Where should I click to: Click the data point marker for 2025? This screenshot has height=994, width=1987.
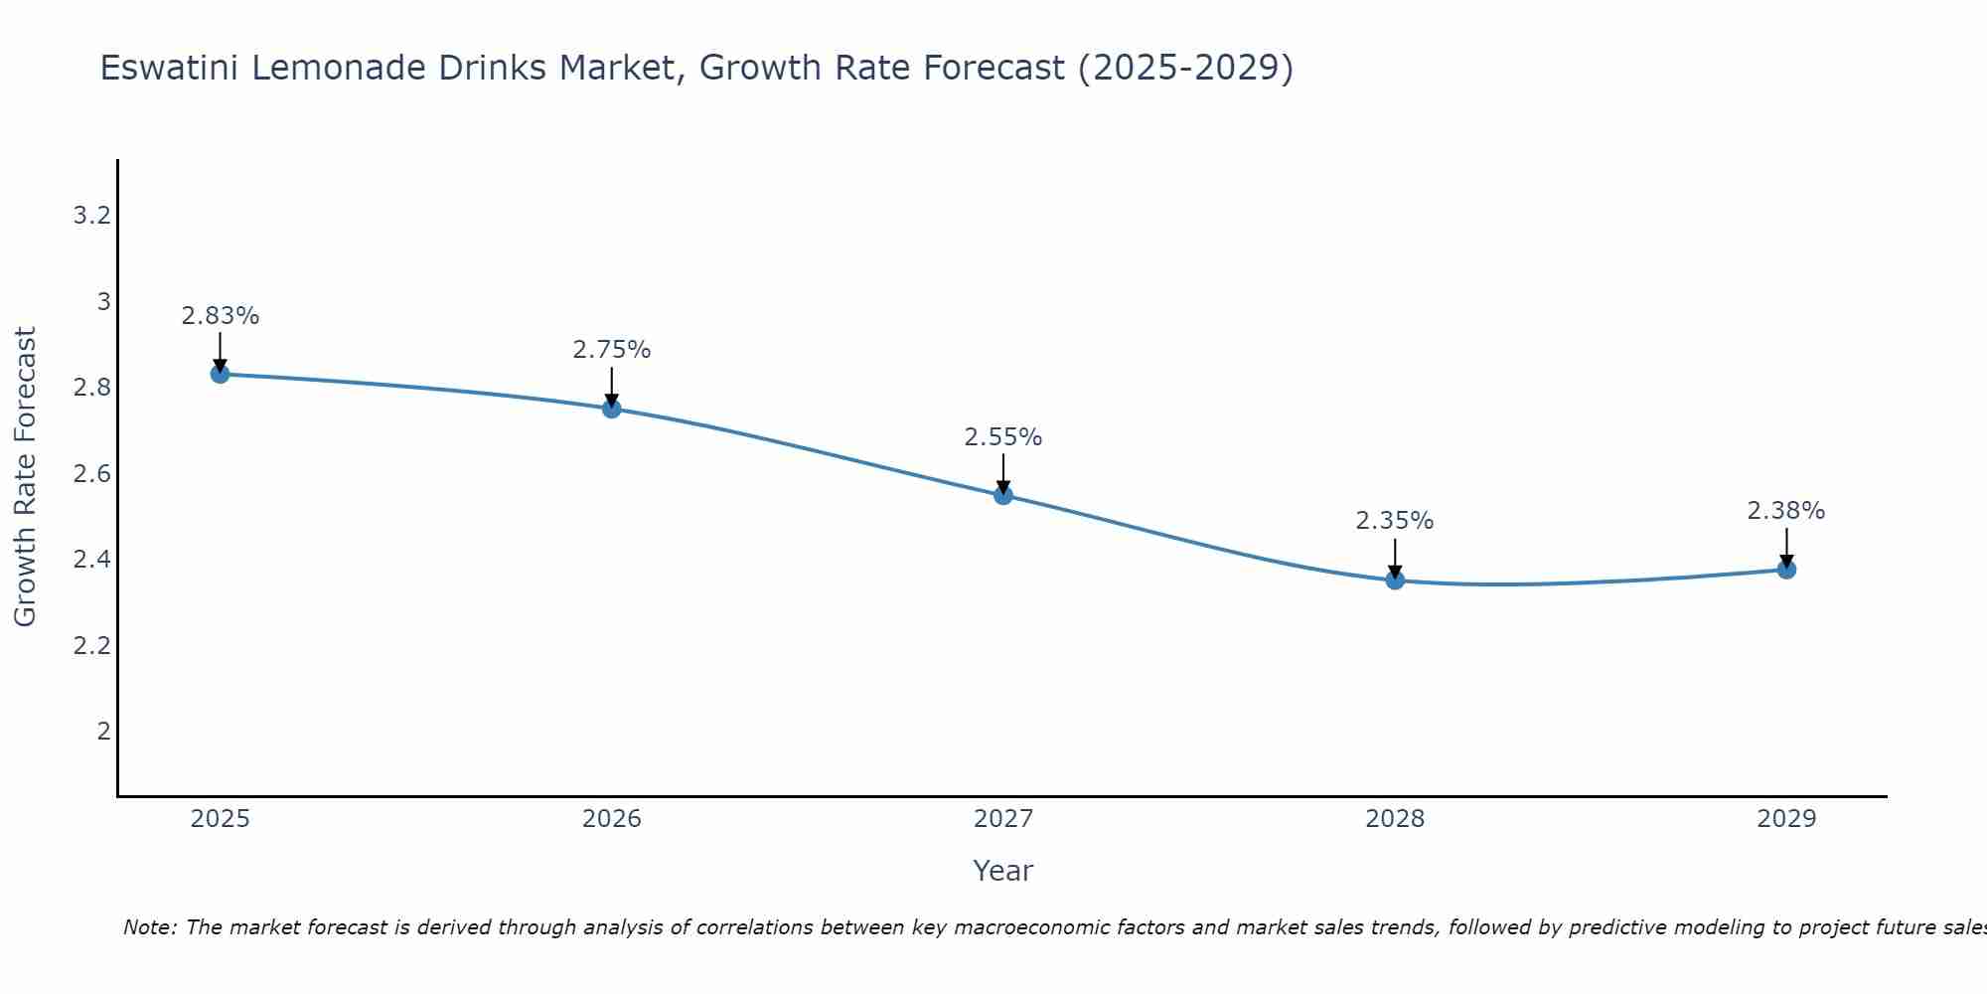coord(220,374)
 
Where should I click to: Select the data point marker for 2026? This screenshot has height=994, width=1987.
coord(612,409)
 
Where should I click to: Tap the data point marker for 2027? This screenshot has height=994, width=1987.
coord(1003,495)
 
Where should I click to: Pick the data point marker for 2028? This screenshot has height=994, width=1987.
coord(1395,580)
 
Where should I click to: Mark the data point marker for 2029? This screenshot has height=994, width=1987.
coord(1786,570)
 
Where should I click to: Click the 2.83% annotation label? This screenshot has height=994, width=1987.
coord(220,316)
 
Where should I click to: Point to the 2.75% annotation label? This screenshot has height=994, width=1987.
coord(612,350)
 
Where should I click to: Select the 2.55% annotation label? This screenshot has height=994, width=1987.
coord(1003,437)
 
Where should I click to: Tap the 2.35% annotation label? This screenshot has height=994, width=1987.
coord(1395,521)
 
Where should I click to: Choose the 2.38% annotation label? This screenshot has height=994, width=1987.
coord(1786,511)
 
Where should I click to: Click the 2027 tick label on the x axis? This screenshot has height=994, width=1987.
coord(1003,819)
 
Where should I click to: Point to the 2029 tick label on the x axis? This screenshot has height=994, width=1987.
coord(1786,819)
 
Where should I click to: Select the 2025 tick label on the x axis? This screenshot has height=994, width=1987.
coord(220,819)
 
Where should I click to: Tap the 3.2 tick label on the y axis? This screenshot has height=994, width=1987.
coord(91,216)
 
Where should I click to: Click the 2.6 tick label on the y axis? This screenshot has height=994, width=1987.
coord(91,474)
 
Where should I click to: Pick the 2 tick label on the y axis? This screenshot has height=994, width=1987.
coord(103,732)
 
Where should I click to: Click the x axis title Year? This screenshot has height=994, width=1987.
coord(1003,871)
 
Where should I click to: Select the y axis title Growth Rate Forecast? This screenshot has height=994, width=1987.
coord(25,477)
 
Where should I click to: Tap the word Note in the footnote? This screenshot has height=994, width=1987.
coord(149,927)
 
